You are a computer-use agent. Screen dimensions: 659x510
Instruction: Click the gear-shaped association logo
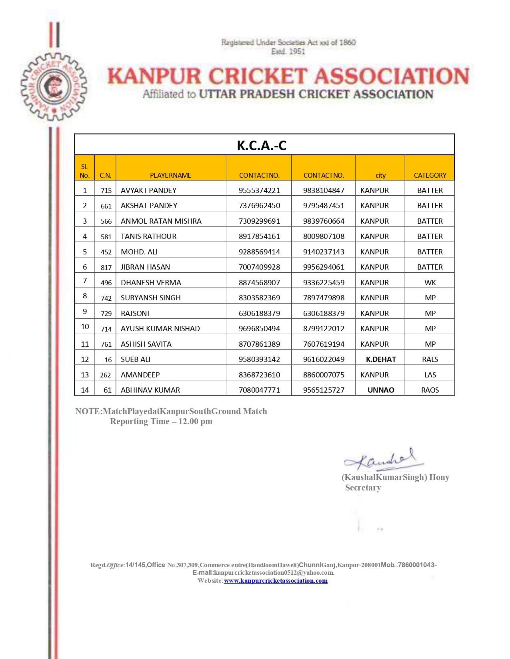tap(54, 87)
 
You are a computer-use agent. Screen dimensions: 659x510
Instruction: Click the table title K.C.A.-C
tap(262, 145)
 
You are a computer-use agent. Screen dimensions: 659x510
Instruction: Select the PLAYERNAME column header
tap(170, 175)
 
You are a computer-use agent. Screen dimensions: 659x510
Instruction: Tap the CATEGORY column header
tap(430, 175)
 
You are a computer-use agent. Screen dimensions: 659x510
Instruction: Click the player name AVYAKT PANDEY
tap(148, 191)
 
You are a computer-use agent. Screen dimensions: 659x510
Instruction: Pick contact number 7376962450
tap(259, 206)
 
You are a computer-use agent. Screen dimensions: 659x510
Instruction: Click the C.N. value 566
tap(106, 221)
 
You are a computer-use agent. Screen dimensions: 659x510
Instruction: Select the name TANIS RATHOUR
tap(148, 236)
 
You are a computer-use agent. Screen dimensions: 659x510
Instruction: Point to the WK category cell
tap(430, 283)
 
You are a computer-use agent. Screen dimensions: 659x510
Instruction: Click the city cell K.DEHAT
tap(381, 359)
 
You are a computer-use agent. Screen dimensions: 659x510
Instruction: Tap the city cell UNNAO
tap(381, 390)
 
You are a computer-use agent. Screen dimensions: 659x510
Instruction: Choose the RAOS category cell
tap(430, 390)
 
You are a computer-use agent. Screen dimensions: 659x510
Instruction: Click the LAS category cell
tap(430, 375)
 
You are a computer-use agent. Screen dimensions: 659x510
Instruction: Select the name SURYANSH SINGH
tap(150, 298)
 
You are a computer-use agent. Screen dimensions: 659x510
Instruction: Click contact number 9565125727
tap(324, 390)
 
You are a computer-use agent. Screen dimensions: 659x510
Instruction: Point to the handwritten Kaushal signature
tap(384, 459)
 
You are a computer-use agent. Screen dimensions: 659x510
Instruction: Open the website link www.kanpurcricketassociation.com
tap(276, 581)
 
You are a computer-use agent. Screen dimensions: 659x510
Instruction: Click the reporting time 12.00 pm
tap(195, 422)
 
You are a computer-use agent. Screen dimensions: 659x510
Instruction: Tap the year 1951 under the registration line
tap(297, 52)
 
